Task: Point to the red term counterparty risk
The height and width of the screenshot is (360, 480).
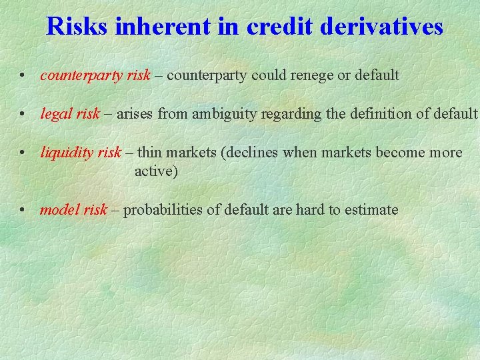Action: click(x=95, y=75)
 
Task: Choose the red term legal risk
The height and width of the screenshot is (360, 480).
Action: click(x=70, y=114)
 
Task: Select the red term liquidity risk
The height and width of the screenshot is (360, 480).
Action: click(x=81, y=153)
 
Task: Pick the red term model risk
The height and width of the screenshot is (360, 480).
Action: click(x=73, y=210)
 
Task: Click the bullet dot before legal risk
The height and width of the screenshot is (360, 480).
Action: click(x=23, y=115)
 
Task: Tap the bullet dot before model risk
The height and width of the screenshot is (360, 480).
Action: click(x=23, y=211)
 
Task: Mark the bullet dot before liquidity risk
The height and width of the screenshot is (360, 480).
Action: click(x=23, y=153)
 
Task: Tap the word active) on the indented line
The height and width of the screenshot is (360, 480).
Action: click(x=156, y=171)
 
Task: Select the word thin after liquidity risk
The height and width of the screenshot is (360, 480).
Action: click(x=149, y=153)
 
